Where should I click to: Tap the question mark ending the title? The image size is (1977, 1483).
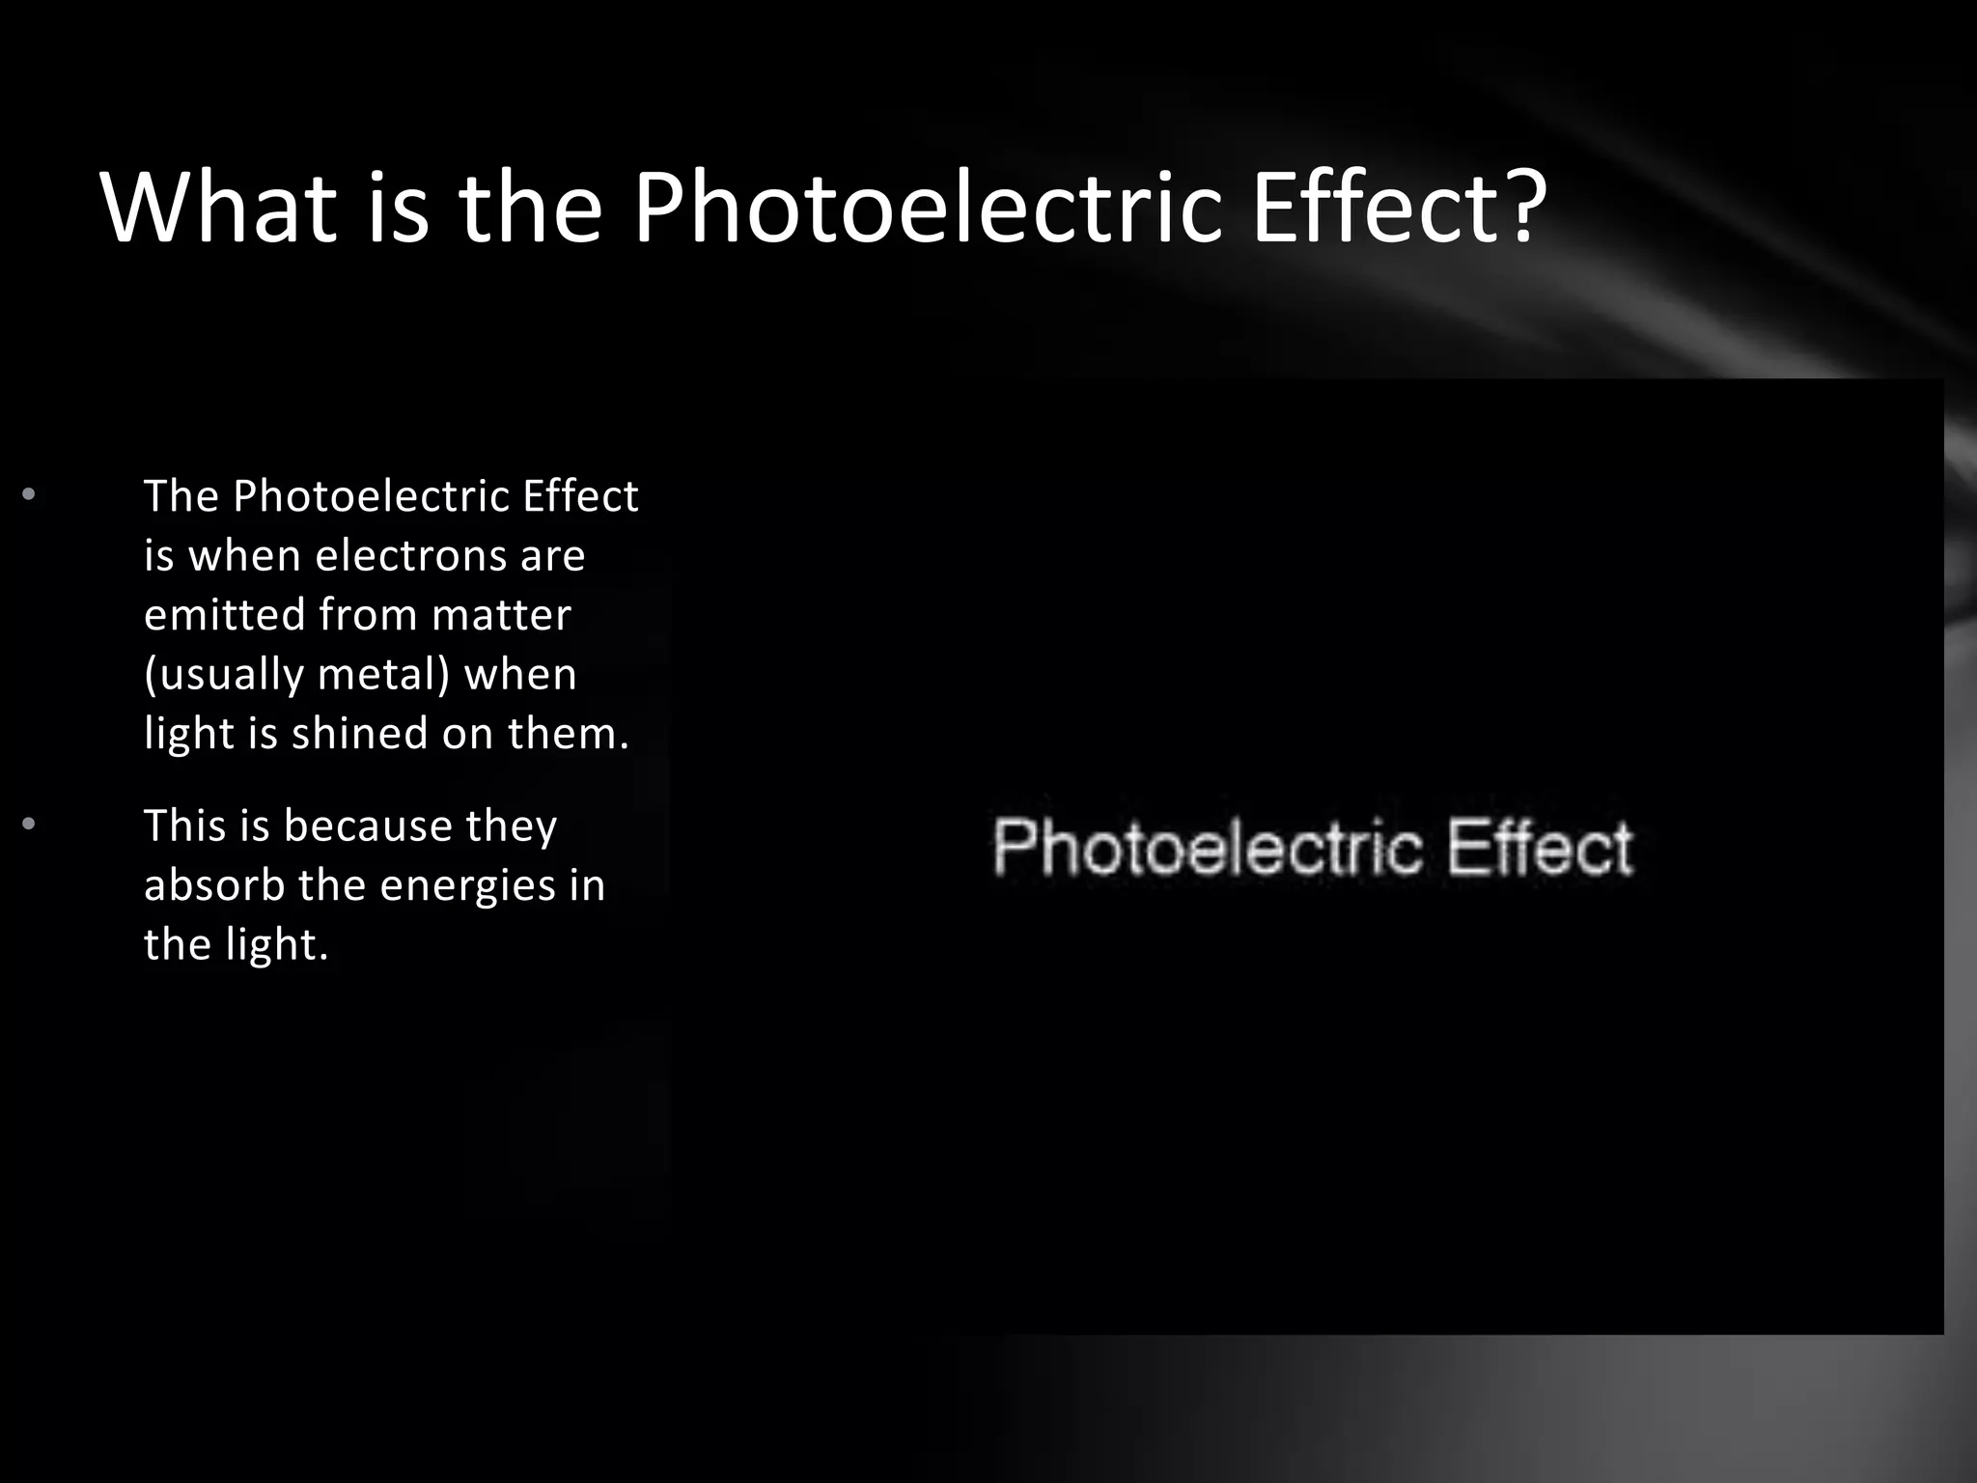click(x=1524, y=207)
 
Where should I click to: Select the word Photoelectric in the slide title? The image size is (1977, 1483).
click(x=927, y=209)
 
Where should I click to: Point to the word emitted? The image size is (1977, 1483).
click(x=224, y=615)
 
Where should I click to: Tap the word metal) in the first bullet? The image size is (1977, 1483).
click(x=384, y=674)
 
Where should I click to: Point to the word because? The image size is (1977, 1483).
click(x=368, y=826)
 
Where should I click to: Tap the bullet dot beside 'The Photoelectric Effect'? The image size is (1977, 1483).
click(x=29, y=495)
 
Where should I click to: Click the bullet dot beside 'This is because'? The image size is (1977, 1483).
click(x=29, y=825)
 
